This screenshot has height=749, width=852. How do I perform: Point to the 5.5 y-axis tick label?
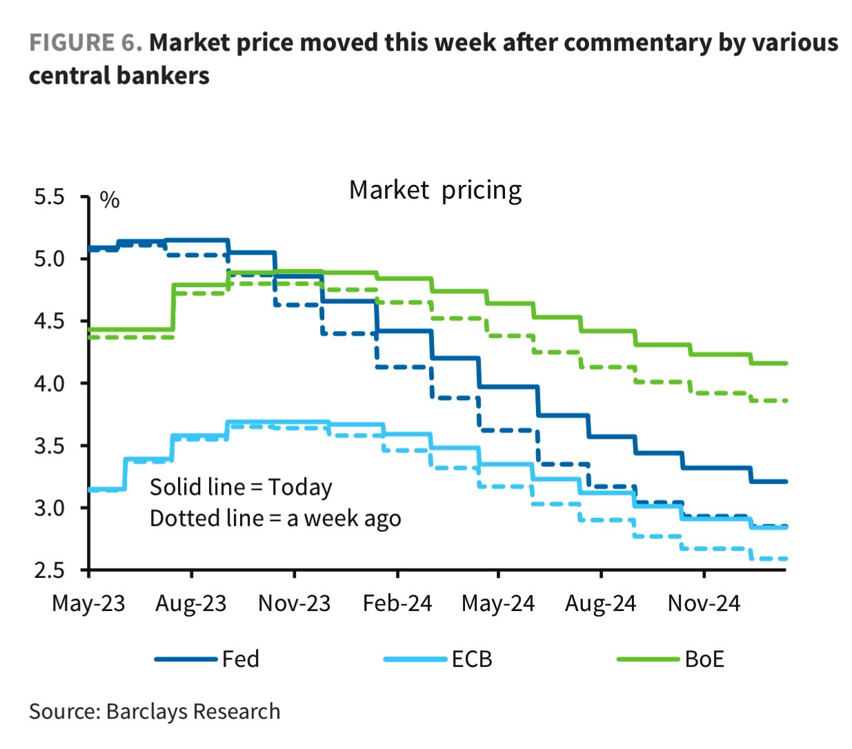[49, 197]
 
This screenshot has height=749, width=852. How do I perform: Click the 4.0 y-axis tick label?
[49, 383]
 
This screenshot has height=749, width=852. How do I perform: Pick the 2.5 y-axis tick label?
[49, 570]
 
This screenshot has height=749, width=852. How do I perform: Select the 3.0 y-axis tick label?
[49, 508]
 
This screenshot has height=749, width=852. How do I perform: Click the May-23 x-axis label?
[88, 603]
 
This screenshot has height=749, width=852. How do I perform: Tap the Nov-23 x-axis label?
[294, 603]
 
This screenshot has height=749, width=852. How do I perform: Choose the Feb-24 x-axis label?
[397, 603]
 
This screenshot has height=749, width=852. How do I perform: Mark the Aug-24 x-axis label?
[600, 603]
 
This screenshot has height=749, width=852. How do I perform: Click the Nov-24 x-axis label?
[703, 603]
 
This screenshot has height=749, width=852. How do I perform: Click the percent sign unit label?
[110, 200]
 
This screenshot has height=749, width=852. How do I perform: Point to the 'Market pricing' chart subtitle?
[435, 190]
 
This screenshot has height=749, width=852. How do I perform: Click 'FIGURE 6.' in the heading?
[86, 43]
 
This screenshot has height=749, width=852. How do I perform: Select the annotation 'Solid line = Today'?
[241, 487]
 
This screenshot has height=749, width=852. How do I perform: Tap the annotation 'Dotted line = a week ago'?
[275, 519]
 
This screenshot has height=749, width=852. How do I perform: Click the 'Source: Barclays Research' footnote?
[155, 711]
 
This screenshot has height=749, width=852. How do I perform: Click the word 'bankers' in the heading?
[165, 75]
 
